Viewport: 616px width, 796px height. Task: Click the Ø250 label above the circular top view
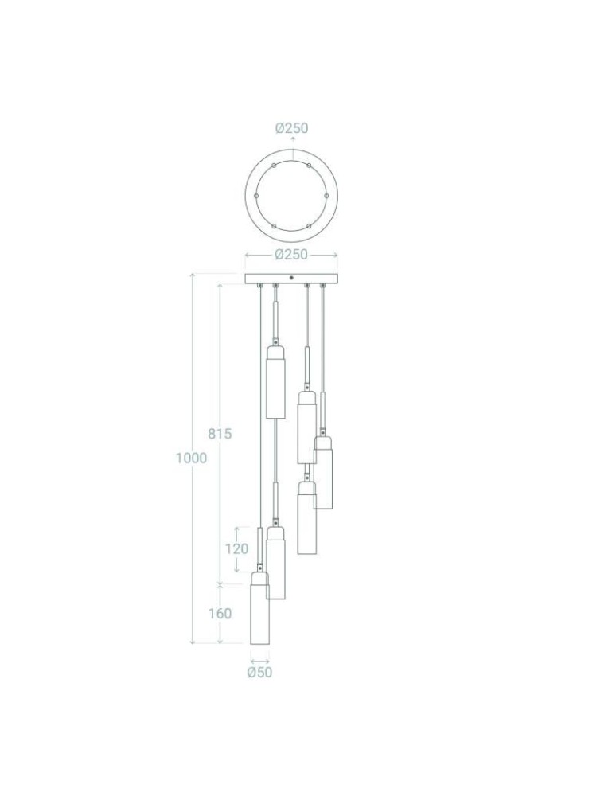[292, 128]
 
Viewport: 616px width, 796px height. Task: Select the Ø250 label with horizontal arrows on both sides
[291, 255]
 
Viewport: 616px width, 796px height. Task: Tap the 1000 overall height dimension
[191, 458]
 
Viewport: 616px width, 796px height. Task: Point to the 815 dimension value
[220, 434]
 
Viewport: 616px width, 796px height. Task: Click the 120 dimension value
[237, 548]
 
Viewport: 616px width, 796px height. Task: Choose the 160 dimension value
[220, 613]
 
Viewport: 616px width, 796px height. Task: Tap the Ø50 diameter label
[259, 672]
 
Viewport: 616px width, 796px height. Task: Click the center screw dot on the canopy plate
[291, 278]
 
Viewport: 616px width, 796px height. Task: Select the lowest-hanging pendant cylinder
[259, 609]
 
